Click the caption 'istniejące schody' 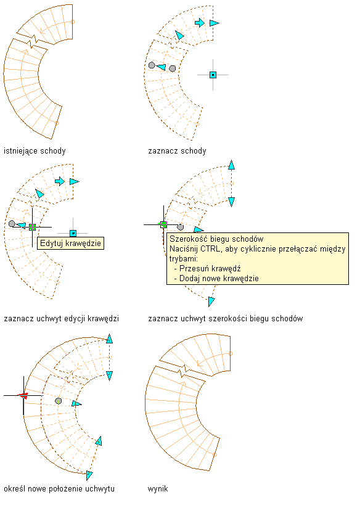point(35,151)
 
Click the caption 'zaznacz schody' point(177,151)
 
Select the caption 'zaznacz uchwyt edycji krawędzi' point(62,319)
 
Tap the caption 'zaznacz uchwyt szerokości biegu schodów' point(226,319)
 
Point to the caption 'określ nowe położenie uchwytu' point(59,489)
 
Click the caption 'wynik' point(158,489)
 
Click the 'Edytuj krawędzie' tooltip point(71,244)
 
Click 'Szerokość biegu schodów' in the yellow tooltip point(216,239)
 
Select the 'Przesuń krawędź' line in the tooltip point(210,269)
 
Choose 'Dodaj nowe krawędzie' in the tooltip point(216,279)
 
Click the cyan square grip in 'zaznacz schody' point(213,75)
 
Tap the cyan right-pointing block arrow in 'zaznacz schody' point(200,23)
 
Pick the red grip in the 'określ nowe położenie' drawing point(23,396)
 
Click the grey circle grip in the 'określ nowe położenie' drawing point(58,401)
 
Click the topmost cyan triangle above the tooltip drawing point(232,165)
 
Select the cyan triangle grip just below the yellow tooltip point(211,302)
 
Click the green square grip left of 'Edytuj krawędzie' point(32,227)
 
